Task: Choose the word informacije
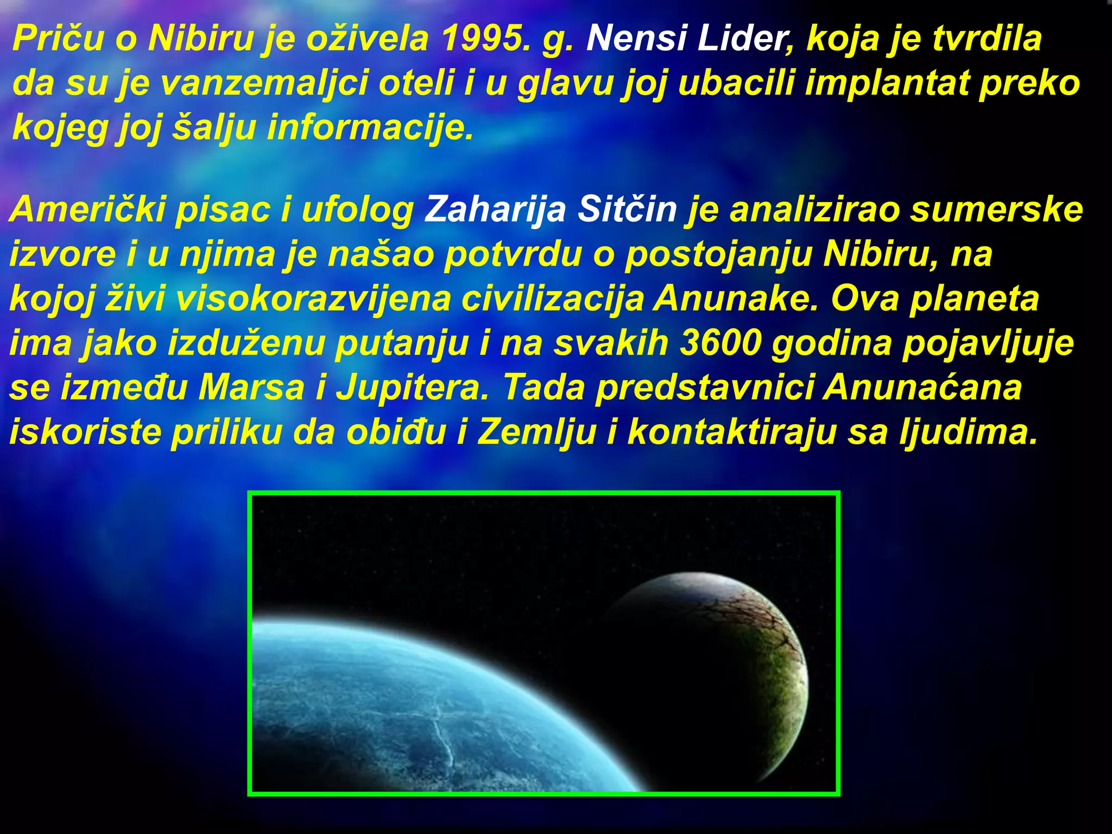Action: point(370,128)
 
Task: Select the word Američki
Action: point(87,210)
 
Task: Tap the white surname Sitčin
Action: point(627,210)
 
